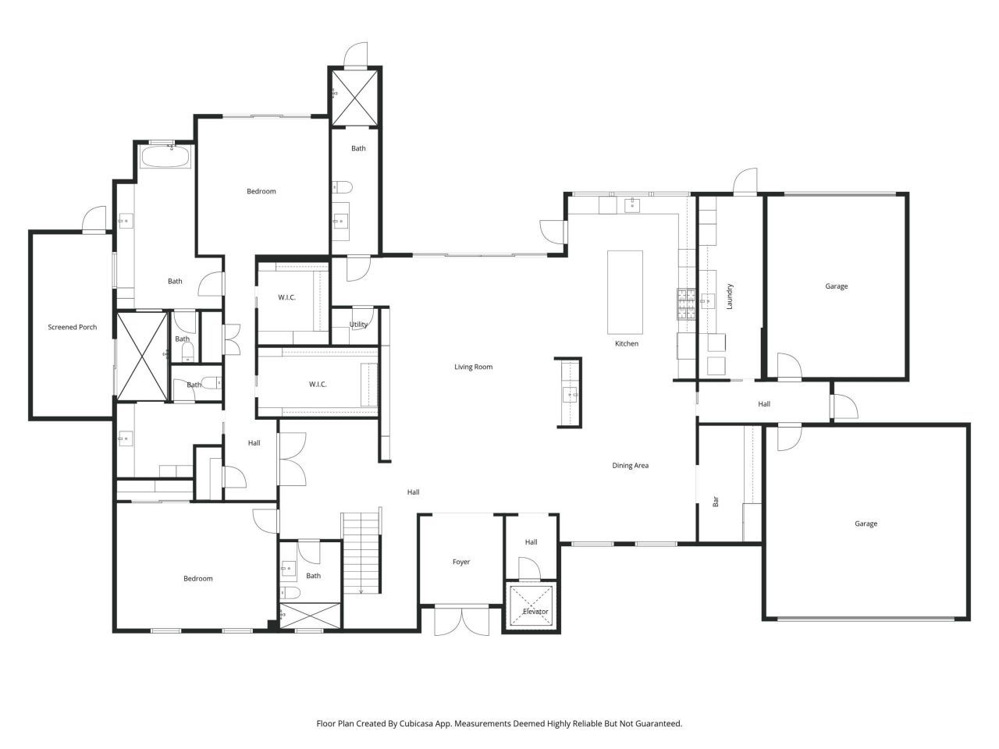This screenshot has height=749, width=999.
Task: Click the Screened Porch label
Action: [73, 327]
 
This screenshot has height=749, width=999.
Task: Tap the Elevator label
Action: [535, 612]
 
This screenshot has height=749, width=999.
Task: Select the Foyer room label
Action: [461, 562]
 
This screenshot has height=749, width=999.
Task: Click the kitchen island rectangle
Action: [625, 291]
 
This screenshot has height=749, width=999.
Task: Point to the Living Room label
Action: [474, 367]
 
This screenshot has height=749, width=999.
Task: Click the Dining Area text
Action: [630, 466]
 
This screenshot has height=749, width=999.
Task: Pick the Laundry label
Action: [730, 296]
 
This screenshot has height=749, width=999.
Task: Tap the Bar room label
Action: [716, 502]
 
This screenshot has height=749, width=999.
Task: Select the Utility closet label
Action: [358, 325]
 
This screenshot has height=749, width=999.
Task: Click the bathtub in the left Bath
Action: [165, 158]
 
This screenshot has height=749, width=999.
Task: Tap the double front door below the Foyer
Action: [462, 621]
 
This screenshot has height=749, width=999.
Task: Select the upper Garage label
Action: [836, 286]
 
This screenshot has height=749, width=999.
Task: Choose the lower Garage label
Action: [866, 524]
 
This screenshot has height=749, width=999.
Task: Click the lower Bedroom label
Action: [197, 578]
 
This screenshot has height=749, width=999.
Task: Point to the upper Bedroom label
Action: [261, 191]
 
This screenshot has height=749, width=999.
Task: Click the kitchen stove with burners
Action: [686, 304]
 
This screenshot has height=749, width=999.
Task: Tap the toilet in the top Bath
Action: [342, 187]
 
